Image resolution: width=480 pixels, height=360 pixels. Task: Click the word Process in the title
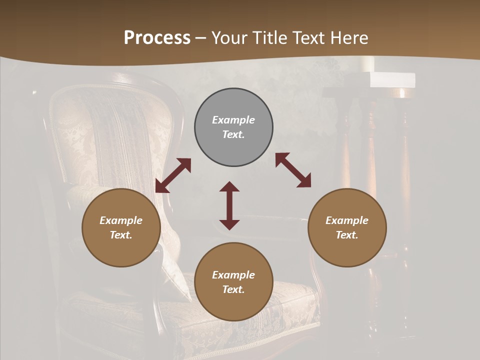[157, 38]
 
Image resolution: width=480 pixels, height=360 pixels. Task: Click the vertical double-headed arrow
[229, 205]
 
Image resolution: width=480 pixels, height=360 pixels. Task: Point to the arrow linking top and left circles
[173, 175]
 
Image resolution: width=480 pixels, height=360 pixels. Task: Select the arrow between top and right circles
[293, 170]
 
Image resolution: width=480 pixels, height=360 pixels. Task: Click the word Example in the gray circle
[233, 120]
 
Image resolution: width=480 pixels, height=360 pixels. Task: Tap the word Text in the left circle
[120, 235]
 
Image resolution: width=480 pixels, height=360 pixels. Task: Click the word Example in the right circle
[347, 220]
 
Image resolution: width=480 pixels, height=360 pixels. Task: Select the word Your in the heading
[228, 38]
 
